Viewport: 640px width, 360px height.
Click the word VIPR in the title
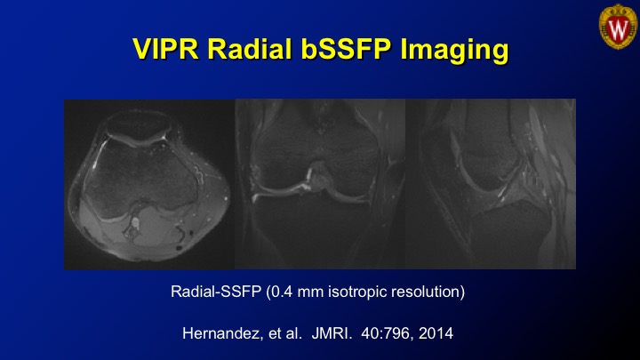[x=165, y=50]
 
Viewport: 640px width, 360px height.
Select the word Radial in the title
[x=250, y=50]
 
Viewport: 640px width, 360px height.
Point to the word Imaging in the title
[x=454, y=51]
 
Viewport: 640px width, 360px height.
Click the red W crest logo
[x=618, y=27]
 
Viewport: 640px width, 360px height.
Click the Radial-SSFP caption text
[x=216, y=292]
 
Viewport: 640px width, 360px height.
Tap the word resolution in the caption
[x=425, y=292]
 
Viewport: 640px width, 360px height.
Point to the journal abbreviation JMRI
[x=332, y=333]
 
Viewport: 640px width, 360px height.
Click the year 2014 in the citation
[x=436, y=333]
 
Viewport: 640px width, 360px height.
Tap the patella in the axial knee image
[x=138, y=124]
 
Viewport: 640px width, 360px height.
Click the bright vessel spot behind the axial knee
[x=135, y=222]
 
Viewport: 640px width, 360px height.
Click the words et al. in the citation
[x=285, y=333]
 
